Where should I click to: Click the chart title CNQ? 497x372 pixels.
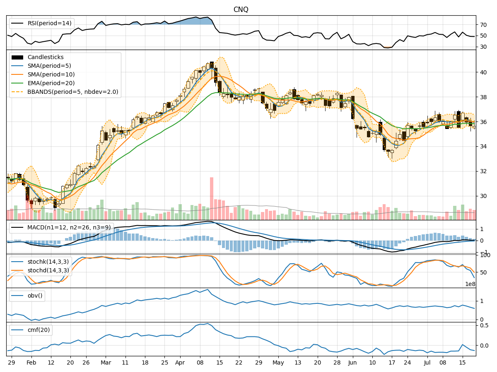coord(241,10)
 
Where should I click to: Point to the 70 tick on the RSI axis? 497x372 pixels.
coord(483,25)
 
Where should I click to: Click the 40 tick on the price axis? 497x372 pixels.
coord(483,72)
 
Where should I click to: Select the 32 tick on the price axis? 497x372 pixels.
coord(483,171)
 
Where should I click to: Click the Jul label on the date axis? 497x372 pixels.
coord(428,362)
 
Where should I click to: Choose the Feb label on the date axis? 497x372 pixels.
coord(31,362)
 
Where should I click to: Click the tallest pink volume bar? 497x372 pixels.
coord(212,198)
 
